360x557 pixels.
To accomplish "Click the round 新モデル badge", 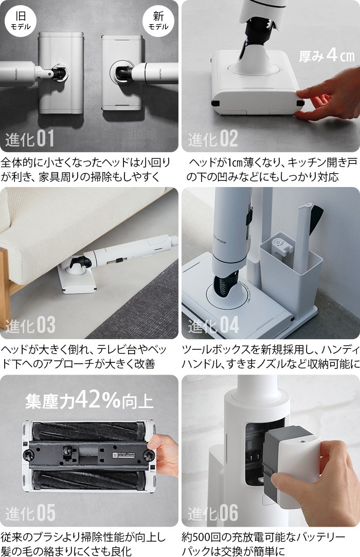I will pos(157,19).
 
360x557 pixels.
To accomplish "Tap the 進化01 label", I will pos(30,138).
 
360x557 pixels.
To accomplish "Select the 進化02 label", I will pos(213,138).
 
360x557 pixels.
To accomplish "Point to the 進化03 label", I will pos(30,325).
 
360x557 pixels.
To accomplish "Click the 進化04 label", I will pos(213,325).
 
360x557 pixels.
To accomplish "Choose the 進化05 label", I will pos(30,513).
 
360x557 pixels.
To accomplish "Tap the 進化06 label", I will pos(213,513).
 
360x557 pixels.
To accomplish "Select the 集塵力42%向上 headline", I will pos(89,400).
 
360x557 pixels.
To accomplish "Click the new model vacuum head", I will pos(121,73).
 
